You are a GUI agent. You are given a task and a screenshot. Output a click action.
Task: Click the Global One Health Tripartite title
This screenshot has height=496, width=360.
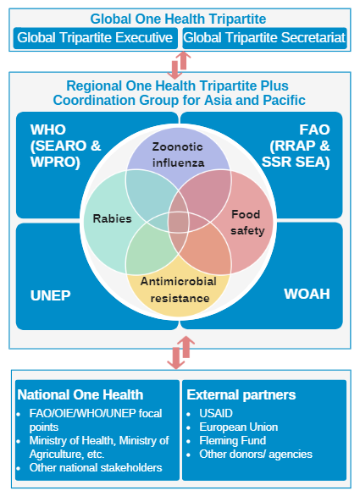pos(180,18)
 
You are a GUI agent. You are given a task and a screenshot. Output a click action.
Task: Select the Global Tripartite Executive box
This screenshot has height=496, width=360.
pos(95,37)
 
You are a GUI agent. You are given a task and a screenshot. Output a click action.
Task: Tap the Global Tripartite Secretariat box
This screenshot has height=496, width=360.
pos(264,37)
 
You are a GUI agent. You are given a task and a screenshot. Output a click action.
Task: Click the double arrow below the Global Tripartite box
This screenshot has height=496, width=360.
pos(180,62)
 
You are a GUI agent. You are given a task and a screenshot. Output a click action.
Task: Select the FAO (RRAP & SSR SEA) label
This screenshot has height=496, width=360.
pos(302,145)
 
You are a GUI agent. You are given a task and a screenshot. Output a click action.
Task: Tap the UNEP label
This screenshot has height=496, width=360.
pos(50,295)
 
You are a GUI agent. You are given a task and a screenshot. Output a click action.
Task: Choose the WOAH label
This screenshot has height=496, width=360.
pos(307,295)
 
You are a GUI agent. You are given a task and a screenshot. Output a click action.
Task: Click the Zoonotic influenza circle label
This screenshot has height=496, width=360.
pos(178,152)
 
